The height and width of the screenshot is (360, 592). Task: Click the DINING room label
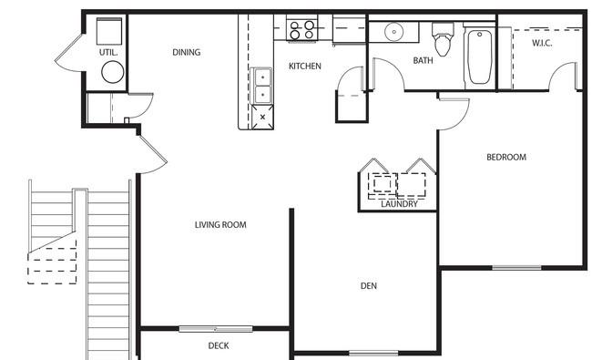[186, 52]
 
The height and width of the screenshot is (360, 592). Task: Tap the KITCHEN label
[305, 67]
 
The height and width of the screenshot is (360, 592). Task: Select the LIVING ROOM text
[220, 225]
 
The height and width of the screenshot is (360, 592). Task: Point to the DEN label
[369, 286]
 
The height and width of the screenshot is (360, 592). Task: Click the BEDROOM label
[506, 157]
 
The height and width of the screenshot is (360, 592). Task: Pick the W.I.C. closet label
[542, 43]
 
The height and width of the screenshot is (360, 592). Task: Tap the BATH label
[423, 60]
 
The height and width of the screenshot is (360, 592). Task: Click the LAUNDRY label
[399, 204]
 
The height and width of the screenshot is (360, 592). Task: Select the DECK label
[219, 345]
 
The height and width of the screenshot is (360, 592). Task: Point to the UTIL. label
[108, 53]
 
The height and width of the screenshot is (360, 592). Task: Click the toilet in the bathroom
[443, 39]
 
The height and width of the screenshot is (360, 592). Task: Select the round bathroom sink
[393, 32]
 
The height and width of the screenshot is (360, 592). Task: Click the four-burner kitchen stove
[301, 29]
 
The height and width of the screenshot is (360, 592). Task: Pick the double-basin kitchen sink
[260, 87]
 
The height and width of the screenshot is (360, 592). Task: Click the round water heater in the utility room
[113, 72]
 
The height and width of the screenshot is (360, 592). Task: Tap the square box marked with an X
[262, 117]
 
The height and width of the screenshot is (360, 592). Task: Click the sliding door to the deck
[216, 329]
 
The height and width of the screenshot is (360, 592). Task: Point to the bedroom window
[516, 268]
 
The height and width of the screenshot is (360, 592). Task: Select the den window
[373, 354]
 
